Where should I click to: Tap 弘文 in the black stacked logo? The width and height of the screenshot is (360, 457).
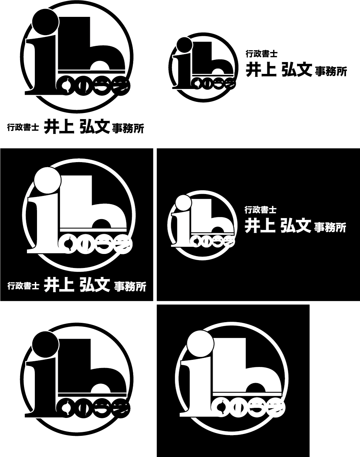(x=94, y=127)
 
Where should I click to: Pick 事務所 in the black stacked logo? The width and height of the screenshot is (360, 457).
(x=128, y=128)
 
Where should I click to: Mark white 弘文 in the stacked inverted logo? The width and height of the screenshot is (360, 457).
(x=95, y=285)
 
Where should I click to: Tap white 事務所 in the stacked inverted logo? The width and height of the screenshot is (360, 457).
(x=130, y=287)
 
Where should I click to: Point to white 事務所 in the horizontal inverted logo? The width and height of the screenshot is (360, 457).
(x=330, y=227)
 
